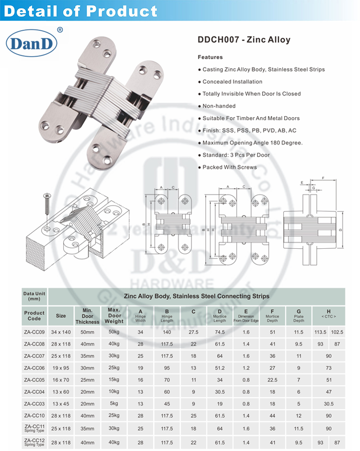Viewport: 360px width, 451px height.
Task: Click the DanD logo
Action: (32, 44)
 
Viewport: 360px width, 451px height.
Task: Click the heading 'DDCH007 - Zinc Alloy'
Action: (244, 40)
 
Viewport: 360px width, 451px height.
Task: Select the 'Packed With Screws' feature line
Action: (229, 167)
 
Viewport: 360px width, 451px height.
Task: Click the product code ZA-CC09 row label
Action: (34, 332)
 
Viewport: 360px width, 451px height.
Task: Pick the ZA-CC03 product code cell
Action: (34, 404)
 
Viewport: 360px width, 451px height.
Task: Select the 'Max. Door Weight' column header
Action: (114, 315)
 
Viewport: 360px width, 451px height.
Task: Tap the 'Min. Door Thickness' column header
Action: (87, 316)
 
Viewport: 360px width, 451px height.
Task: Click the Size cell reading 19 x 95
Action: (61, 368)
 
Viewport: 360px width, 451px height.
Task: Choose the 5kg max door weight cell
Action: (114, 404)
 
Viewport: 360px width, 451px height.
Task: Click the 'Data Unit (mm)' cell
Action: (34, 295)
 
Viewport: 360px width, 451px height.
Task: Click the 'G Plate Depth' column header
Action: (299, 315)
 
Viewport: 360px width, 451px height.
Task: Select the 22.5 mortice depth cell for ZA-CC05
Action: (273, 380)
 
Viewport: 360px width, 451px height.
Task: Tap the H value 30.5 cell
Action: (329, 404)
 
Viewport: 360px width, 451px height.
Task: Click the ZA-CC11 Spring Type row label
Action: (34, 428)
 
